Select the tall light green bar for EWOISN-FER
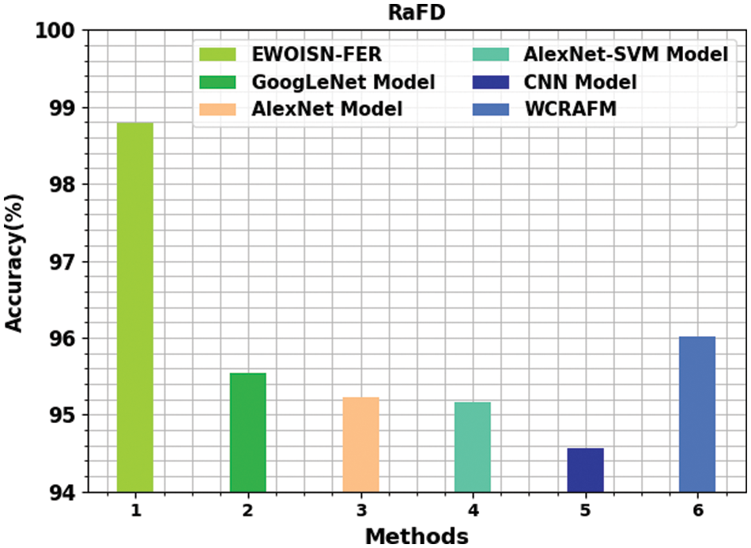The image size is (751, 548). click(135, 308)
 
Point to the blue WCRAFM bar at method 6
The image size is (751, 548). click(697, 414)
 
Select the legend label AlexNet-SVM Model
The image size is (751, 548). click(625, 55)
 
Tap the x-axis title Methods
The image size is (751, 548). click(417, 535)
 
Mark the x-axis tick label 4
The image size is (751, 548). click(473, 511)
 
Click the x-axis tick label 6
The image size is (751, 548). click(697, 511)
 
